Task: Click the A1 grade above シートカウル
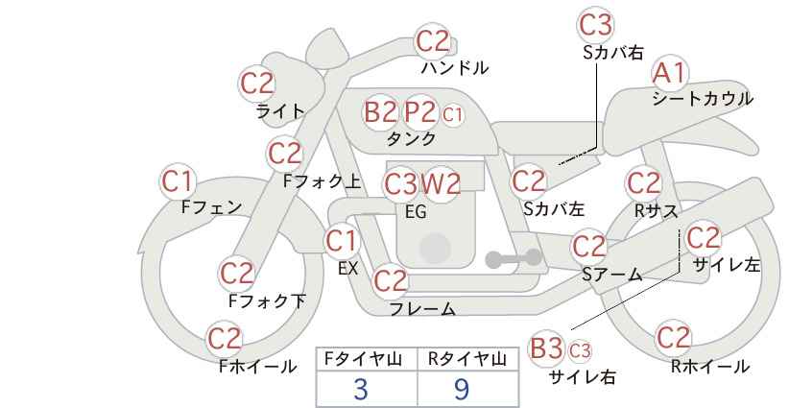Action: click(669, 74)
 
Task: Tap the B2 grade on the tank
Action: click(380, 111)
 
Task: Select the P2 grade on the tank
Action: click(419, 111)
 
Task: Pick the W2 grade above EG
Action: click(441, 184)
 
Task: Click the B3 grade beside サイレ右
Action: click(546, 348)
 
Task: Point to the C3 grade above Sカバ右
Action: click(596, 25)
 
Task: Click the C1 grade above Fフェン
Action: click(177, 181)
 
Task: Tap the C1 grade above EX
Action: click(341, 241)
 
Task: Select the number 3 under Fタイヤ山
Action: click(361, 389)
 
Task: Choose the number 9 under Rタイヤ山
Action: click(462, 389)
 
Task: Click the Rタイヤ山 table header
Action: click(467, 359)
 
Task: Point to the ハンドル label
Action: click(454, 67)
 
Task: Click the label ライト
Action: click(280, 110)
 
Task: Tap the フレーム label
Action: click(422, 308)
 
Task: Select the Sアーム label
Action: click(611, 275)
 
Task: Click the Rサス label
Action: click(656, 211)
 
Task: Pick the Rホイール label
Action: click(710, 367)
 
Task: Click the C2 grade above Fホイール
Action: click(225, 338)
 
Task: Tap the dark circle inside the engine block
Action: click(435, 249)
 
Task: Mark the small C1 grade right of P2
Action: click(452, 115)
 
